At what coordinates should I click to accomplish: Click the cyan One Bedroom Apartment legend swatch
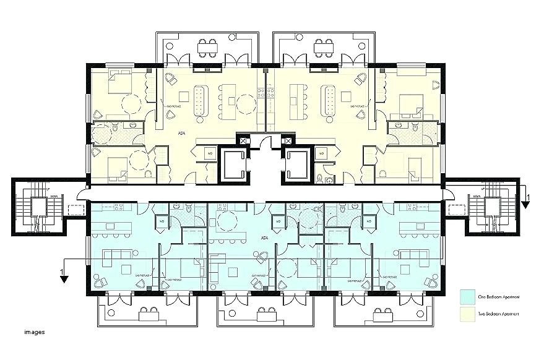[468, 297]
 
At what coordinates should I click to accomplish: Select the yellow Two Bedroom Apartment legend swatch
[468, 314]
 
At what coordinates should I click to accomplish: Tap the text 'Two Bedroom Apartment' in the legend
[498, 314]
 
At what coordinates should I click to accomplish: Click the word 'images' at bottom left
[35, 332]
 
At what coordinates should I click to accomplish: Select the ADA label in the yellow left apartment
[181, 132]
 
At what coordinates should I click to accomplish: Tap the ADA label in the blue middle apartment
[264, 237]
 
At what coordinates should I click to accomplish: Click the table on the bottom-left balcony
[148, 314]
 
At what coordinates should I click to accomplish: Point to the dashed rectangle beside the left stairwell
[77, 210]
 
